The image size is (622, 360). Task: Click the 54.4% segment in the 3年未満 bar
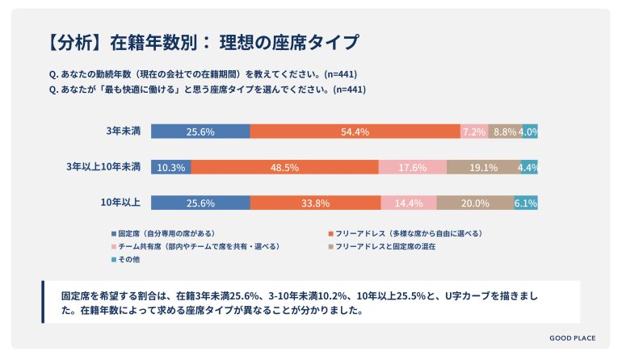tap(355, 132)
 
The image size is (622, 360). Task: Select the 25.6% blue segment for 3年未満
tap(200, 132)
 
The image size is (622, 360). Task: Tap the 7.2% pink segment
tap(473, 132)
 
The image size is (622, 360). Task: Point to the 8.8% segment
tap(504, 132)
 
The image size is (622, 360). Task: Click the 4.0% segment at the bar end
tap(529, 132)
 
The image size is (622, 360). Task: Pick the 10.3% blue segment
tap(171, 167)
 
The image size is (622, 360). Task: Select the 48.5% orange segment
tap(285, 167)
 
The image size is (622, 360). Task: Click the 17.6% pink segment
tap(413, 167)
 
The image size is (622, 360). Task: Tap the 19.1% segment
tap(483, 167)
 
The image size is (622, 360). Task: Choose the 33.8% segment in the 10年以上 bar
tap(315, 203)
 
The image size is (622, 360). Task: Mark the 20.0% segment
tap(475, 203)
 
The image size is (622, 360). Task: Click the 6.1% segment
tap(526, 203)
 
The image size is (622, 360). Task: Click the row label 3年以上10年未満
tap(103, 167)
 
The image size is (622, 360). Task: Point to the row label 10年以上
tap(121, 203)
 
